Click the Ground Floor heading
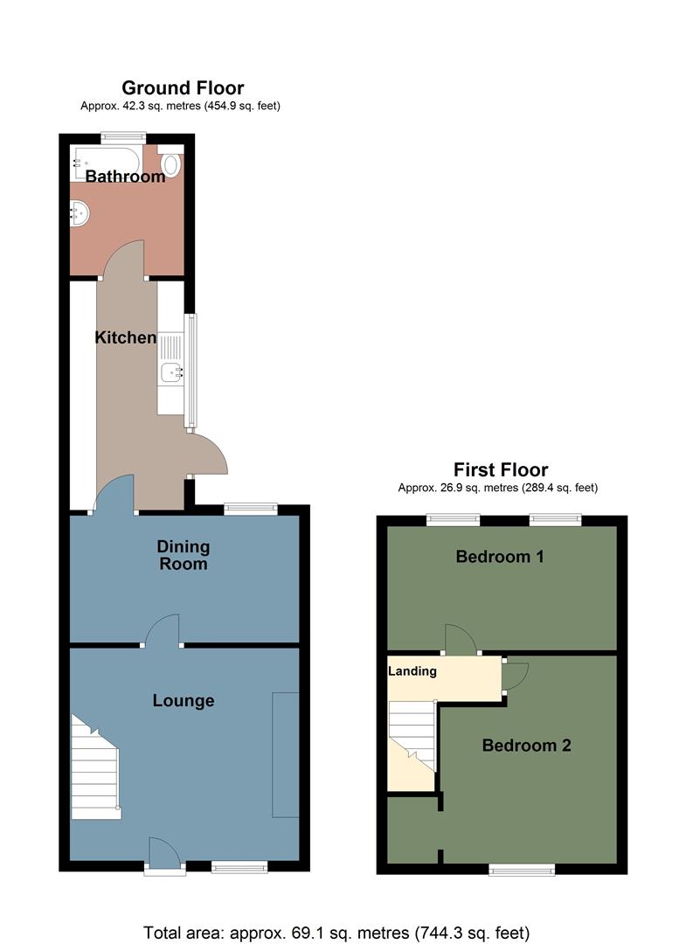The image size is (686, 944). [x=183, y=87]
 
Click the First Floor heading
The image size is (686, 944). [x=500, y=469]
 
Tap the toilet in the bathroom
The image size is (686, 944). [x=171, y=163]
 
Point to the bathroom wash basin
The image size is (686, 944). [x=80, y=212]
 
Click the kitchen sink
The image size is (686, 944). [x=170, y=372]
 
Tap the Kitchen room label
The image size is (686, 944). [x=126, y=337]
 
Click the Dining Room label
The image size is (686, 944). [x=184, y=555]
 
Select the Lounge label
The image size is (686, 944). [x=184, y=700]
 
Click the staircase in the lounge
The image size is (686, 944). [x=94, y=769]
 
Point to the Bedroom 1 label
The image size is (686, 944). [x=500, y=556]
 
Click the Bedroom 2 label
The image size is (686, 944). [x=526, y=746]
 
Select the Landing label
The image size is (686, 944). [x=412, y=671]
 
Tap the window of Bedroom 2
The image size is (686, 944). [x=522, y=869]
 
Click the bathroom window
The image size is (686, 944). [x=122, y=136]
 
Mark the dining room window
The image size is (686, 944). [x=251, y=508]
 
